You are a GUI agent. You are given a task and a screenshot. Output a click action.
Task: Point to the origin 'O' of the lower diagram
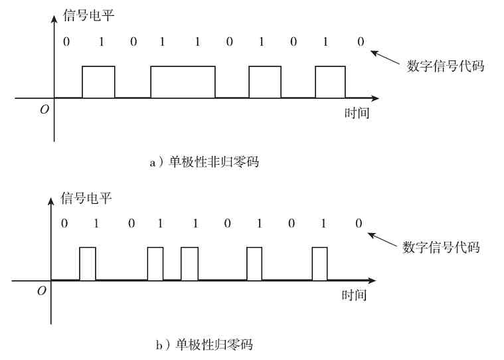[x=42, y=291]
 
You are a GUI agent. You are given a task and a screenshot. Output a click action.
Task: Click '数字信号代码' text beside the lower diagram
[x=441, y=248]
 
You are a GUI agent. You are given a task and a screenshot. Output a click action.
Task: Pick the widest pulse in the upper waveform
[x=183, y=82]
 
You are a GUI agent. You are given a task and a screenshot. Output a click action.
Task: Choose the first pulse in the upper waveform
[x=98, y=82]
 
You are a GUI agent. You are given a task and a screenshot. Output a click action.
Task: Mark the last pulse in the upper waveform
[x=330, y=82]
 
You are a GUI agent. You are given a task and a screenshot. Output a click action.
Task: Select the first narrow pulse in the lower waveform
[x=88, y=263]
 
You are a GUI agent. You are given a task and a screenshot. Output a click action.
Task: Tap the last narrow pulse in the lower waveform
[x=319, y=263]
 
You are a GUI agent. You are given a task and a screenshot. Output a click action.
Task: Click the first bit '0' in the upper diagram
[x=66, y=43]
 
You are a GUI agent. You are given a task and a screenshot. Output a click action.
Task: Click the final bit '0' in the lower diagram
[x=359, y=223]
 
